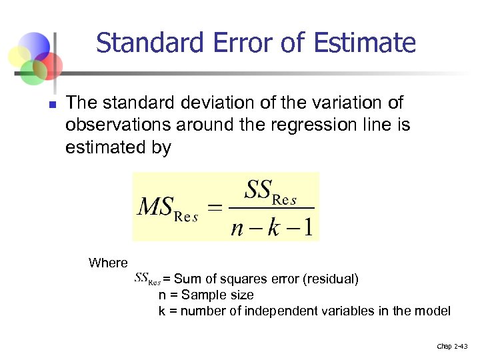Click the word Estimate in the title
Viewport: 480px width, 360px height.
click(373, 43)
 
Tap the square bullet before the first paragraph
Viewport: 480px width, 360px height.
click(51, 105)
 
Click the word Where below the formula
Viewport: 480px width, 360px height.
click(108, 263)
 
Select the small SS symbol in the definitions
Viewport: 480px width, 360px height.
click(147, 277)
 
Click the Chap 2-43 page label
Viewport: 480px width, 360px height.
click(453, 346)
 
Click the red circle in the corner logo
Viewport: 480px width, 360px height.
click(49, 65)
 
